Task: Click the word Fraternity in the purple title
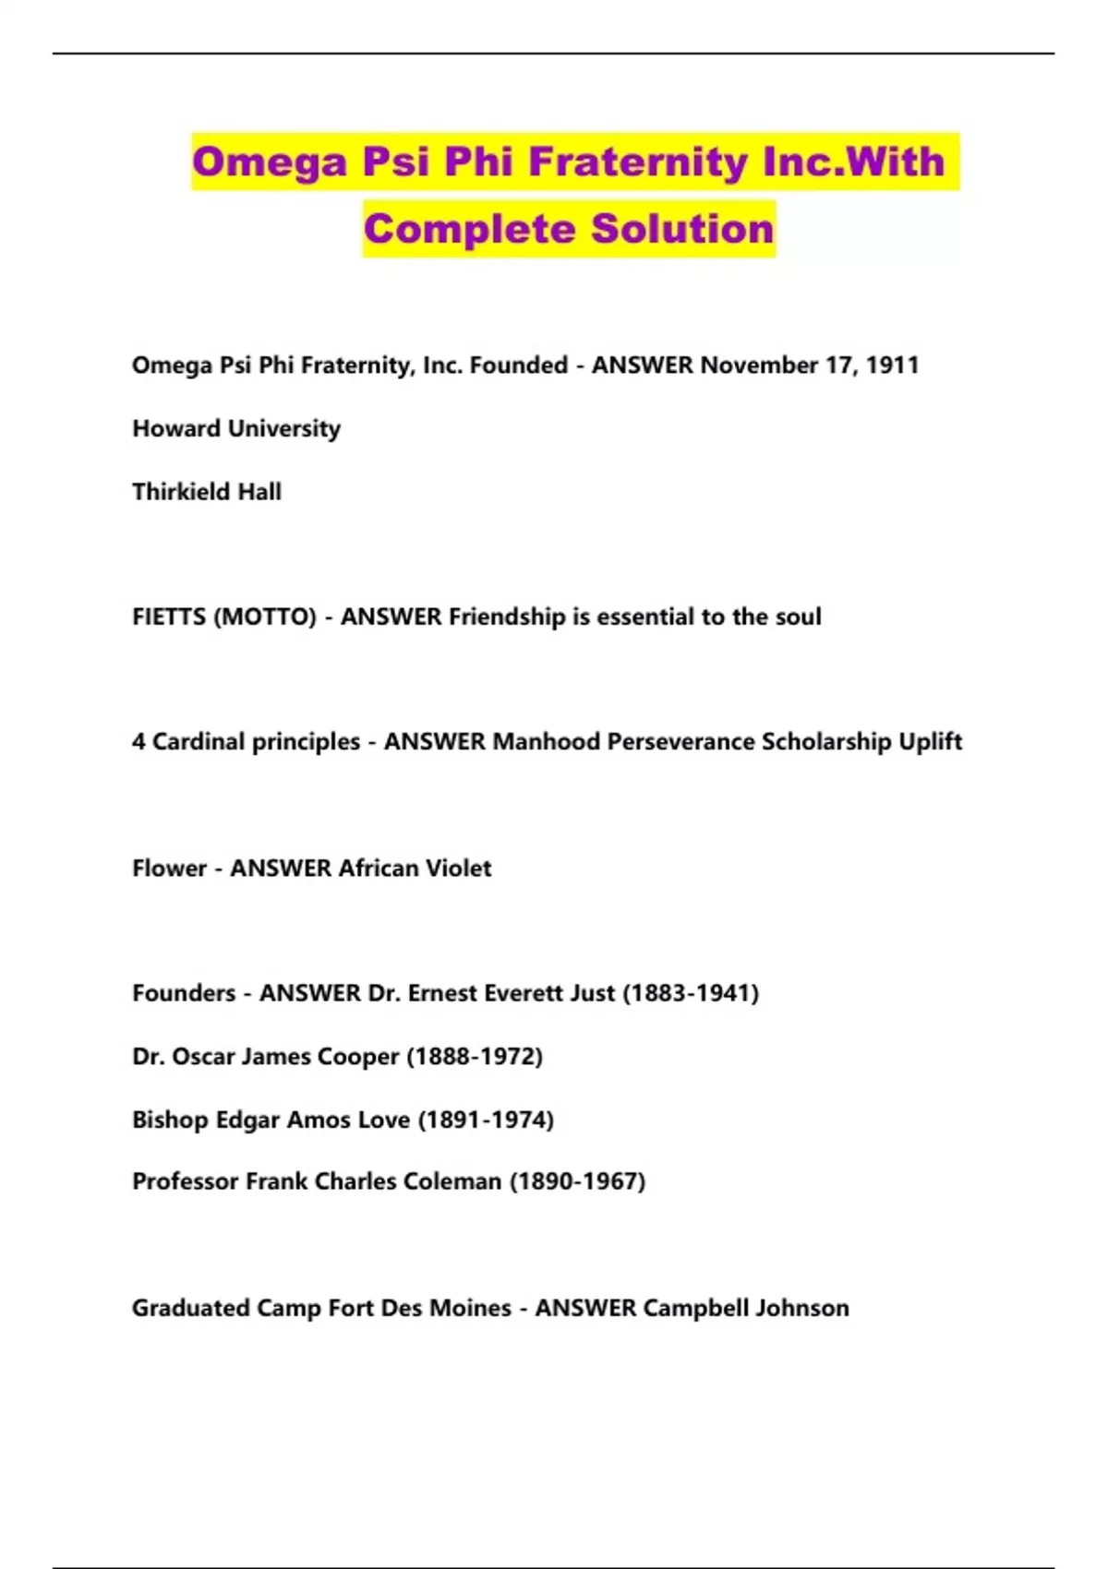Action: (638, 162)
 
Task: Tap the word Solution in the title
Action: (682, 229)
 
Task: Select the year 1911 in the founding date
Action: (892, 365)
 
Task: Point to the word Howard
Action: (176, 428)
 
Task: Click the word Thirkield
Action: (181, 492)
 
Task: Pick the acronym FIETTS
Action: (169, 617)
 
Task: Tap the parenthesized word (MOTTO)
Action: (265, 617)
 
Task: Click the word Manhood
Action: (546, 742)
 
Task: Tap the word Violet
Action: (457, 868)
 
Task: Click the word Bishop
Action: (170, 1120)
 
